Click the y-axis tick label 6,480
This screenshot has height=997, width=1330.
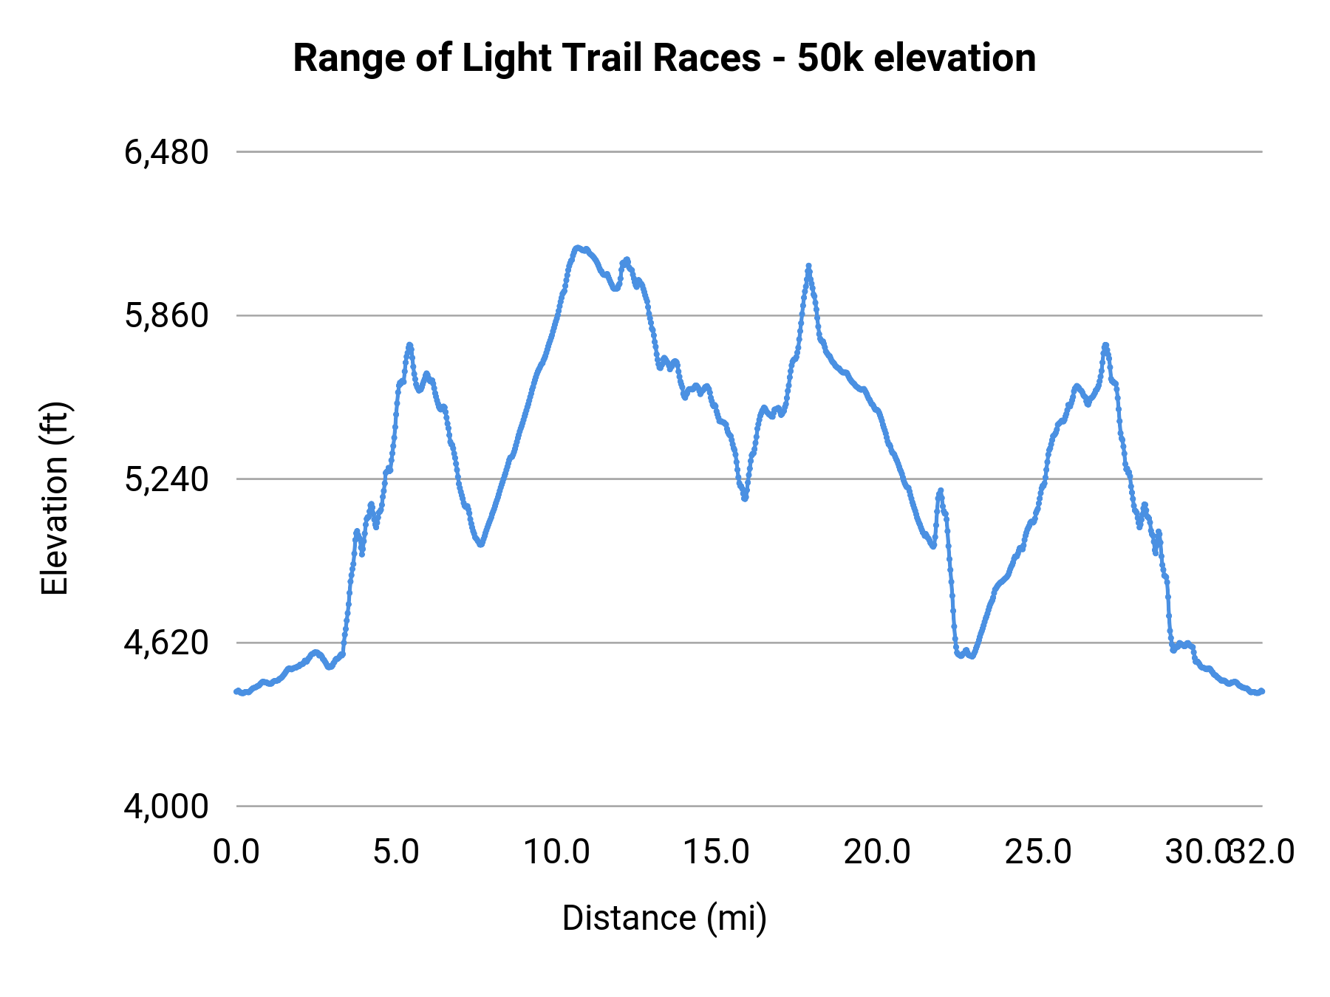tap(166, 153)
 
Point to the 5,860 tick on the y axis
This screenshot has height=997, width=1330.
tap(166, 316)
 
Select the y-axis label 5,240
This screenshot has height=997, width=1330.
tap(166, 480)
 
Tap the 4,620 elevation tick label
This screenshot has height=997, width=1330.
tap(166, 643)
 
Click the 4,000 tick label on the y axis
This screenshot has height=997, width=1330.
tap(166, 806)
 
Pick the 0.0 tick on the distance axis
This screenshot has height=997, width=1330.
tap(236, 852)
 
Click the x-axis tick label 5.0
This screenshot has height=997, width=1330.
tap(396, 852)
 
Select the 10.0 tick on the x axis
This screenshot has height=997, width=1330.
tap(556, 852)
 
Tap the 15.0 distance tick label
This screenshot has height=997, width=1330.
tap(717, 852)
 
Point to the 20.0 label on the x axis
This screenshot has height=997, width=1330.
tap(877, 852)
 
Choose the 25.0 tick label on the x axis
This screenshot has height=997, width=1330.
tap(1037, 852)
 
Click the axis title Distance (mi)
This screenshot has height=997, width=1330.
tap(664, 918)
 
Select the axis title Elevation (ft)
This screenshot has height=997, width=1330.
tap(55, 498)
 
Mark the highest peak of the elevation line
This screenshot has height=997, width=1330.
tap(577, 247)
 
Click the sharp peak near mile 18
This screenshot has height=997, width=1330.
tap(808, 266)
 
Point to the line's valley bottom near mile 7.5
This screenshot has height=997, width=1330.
tap(481, 544)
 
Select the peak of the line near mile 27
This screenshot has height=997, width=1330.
tap(1105, 345)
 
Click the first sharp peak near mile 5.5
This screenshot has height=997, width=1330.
tap(409, 345)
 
